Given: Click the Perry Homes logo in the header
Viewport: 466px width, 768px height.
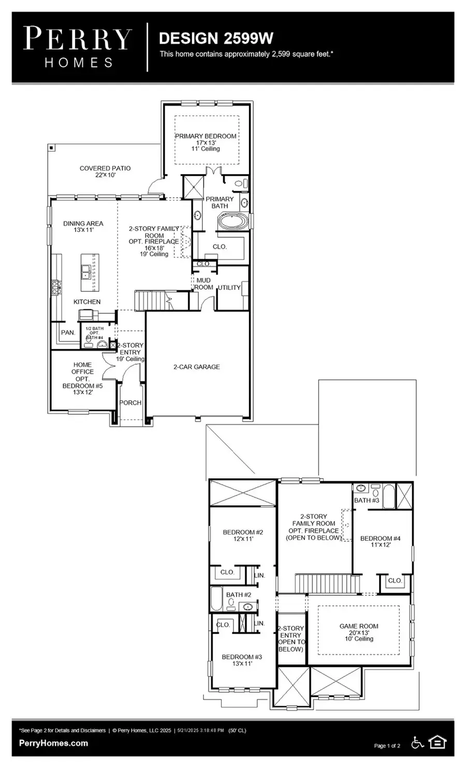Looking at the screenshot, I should (78, 47).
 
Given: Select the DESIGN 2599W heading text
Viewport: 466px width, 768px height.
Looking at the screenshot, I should (216, 38).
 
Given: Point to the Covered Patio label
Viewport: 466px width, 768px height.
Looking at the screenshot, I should (105, 171).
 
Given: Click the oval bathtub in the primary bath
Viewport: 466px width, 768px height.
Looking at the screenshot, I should (233, 223).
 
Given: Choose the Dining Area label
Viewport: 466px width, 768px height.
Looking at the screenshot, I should (83, 226).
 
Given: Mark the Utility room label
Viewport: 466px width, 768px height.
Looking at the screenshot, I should (229, 287).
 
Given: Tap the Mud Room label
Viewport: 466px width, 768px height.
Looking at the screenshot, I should (203, 283).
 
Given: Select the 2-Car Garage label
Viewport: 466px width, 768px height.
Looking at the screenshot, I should (196, 367).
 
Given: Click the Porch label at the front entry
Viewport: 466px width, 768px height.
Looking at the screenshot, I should (130, 402).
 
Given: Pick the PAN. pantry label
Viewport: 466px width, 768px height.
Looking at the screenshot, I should (68, 332).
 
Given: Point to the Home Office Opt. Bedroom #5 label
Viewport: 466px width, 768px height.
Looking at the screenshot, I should (82, 379).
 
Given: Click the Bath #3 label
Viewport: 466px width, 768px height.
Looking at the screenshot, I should (367, 500).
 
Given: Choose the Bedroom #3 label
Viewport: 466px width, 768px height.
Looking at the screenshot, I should (242, 660).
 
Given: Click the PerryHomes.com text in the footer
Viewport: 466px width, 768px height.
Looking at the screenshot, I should (53, 743).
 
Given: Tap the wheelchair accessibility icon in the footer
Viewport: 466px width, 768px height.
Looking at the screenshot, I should (417, 743).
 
